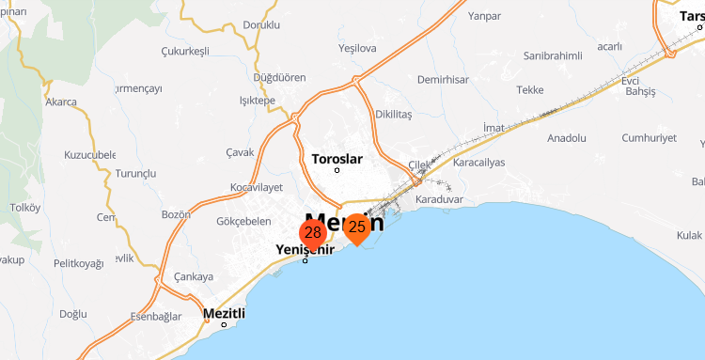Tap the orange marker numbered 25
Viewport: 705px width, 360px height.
tap(356, 227)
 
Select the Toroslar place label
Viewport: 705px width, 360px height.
tap(337, 158)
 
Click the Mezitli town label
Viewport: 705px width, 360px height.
tap(224, 313)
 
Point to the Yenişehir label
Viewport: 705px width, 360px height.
tap(305, 249)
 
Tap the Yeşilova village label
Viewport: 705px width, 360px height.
tap(357, 48)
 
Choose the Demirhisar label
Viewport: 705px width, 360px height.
tap(443, 80)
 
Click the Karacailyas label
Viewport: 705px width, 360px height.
tap(478, 162)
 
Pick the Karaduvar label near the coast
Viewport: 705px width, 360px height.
tap(439, 199)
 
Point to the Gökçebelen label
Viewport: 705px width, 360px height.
tap(243, 222)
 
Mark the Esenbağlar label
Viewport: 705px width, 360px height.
tap(156, 317)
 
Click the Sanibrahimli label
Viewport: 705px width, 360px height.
tap(554, 55)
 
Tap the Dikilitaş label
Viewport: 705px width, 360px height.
tap(394, 115)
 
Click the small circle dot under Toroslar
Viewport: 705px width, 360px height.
tap(337, 170)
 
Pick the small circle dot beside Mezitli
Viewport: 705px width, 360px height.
tap(224, 325)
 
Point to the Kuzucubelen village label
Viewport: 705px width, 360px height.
tap(89, 154)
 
